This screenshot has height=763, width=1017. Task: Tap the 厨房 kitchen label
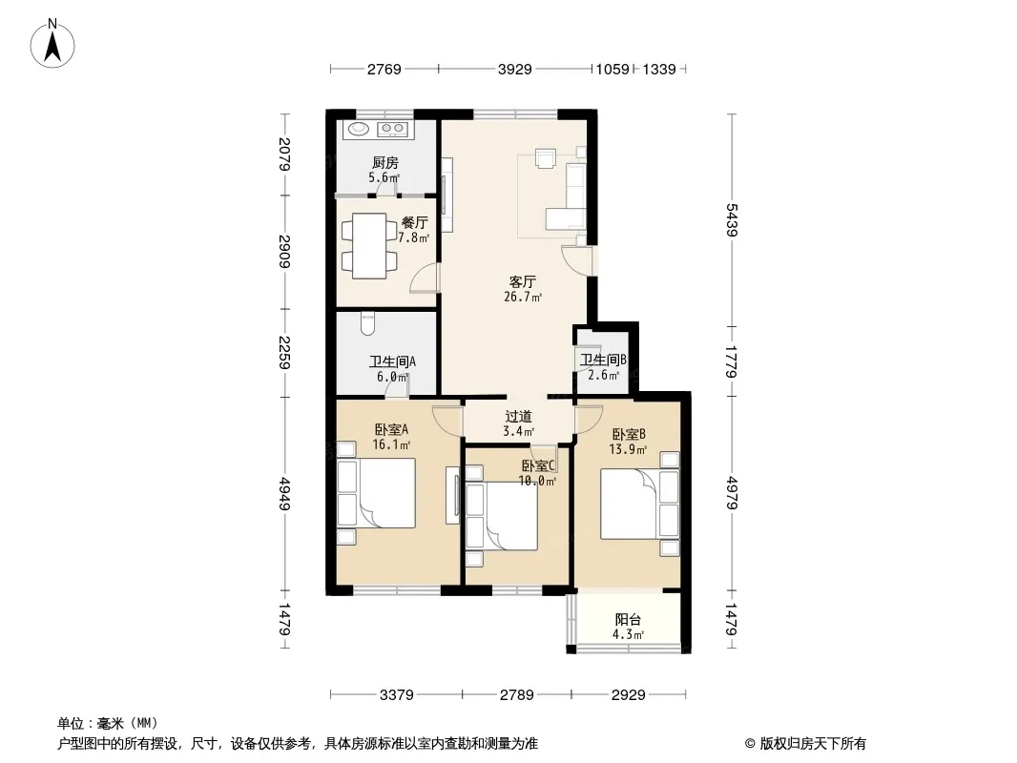pos(384,163)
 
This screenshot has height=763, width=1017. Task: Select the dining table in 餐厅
pos(369,246)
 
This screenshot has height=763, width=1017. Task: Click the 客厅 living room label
pos(522,282)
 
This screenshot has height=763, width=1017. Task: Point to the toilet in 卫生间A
pos(367,324)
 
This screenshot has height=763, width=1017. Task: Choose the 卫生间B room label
pos(603,360)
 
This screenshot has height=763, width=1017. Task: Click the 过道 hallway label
pos(518,416)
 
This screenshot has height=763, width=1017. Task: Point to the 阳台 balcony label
pos(628,620)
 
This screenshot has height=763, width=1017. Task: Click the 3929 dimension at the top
pos(515,69)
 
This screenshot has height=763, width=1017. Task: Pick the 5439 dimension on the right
pos(732,219)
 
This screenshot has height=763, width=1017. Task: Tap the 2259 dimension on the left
pos(284,353)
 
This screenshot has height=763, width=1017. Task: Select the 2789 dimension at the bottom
pos(517,695)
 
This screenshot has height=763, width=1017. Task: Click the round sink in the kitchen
pos(358,129)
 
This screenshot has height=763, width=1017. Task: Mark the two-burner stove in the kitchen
pos(393,130)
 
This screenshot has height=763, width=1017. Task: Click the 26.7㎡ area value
pos(523,298)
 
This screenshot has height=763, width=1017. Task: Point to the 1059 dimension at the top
pos(612,69)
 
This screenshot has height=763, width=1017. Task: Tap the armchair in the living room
pos(546,158)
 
